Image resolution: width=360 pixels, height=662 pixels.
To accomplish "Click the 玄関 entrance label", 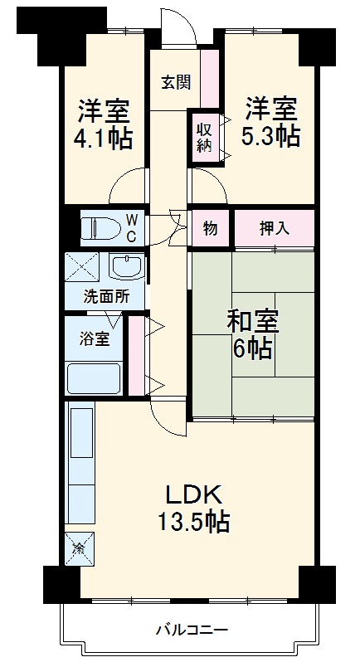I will [176, 81].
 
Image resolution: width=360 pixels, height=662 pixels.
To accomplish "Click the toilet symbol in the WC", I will [99, 226].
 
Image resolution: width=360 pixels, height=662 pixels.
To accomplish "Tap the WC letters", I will [132, 226].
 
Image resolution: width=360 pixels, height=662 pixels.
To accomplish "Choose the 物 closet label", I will [211, 227].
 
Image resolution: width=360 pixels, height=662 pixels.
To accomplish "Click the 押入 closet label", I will [274, 227].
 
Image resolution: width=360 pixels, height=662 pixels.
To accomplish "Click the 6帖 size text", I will [253, 348].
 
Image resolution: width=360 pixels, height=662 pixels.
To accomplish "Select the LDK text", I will [194, 496].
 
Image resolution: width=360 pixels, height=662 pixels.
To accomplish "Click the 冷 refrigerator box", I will [80, 547].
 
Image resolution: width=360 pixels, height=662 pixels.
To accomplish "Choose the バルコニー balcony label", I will [192, 630].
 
